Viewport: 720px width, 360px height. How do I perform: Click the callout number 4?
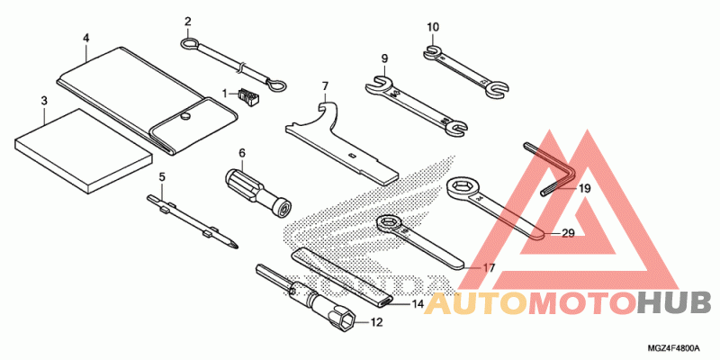85,38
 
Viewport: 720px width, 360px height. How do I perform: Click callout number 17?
489,268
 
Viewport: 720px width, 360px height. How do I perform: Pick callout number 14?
418,305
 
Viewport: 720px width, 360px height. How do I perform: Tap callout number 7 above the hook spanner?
325,87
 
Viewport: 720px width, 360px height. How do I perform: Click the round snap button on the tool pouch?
186,114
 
